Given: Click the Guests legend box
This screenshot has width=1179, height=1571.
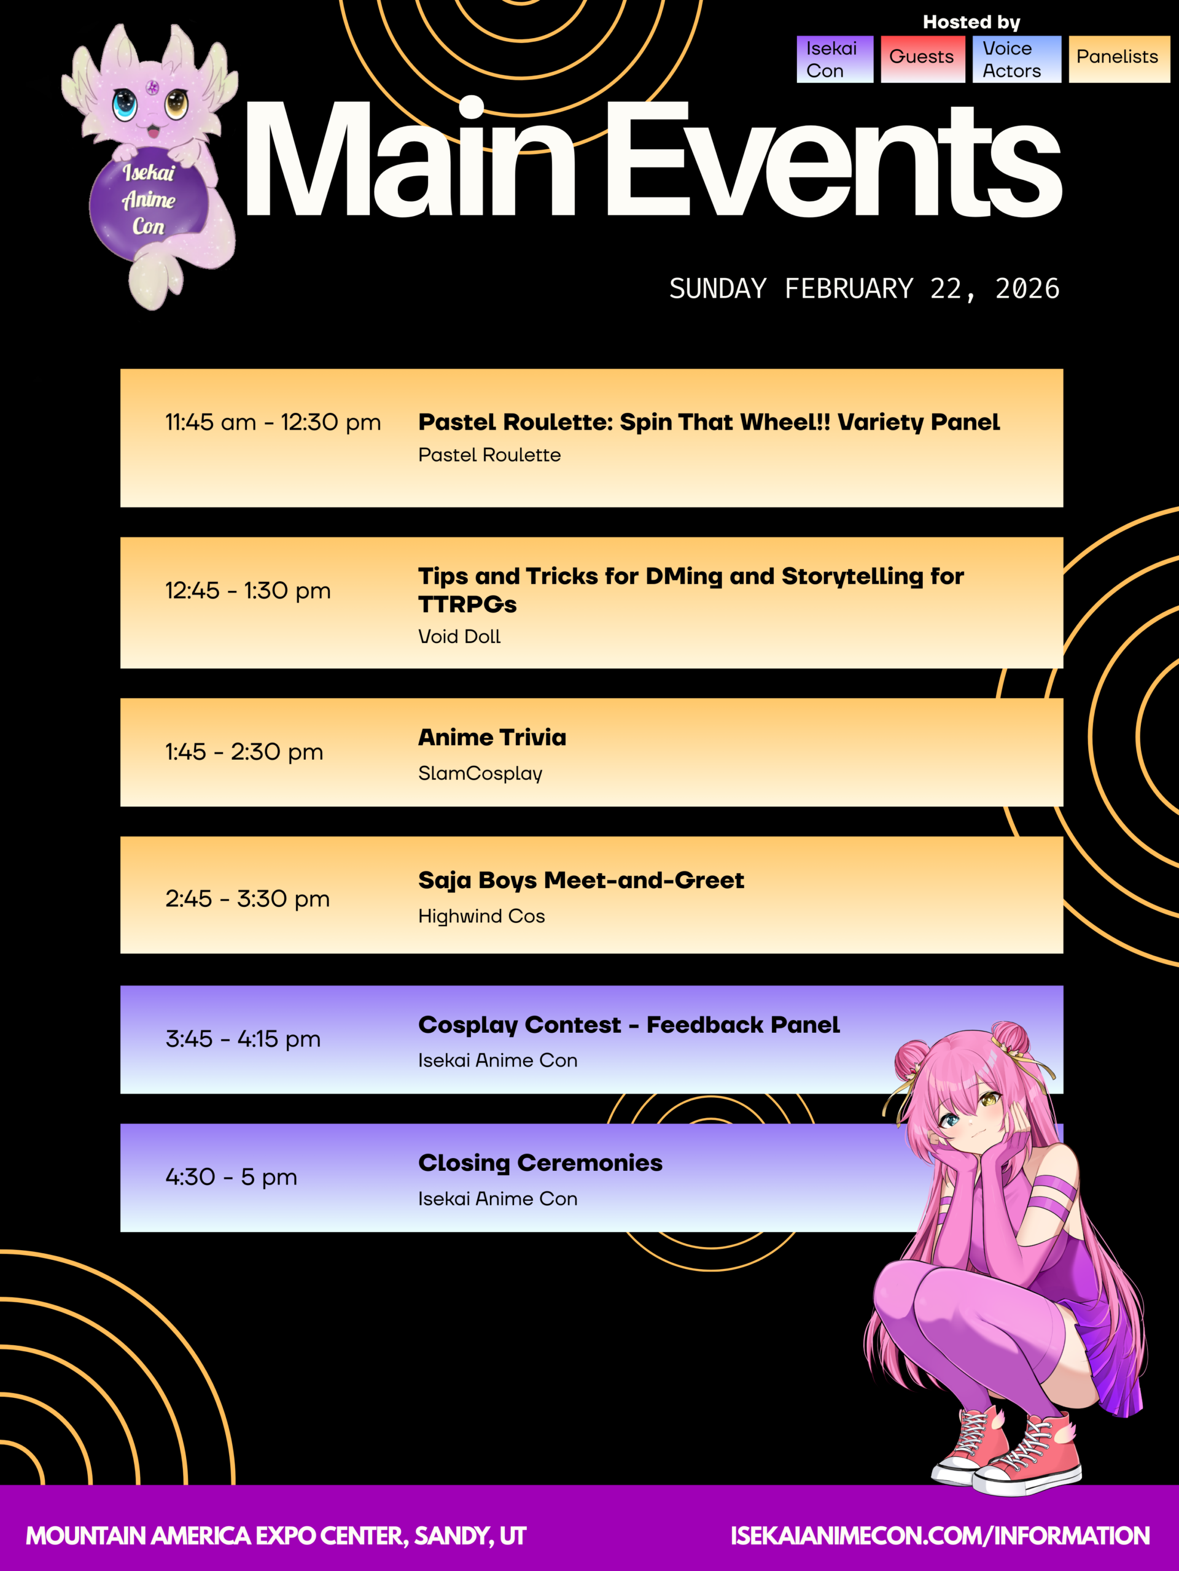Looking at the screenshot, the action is [x=922, y=59].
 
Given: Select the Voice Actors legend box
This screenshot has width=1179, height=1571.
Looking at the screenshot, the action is [x=1016, y=59].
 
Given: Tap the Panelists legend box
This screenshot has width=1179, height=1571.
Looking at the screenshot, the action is [x=1119, y=59].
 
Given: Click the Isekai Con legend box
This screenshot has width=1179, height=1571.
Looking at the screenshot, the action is [x=835, y=59].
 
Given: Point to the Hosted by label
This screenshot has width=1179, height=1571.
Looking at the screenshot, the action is [x=971, y=23].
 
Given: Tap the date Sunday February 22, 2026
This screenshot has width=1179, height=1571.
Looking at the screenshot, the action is [x=864, y=288].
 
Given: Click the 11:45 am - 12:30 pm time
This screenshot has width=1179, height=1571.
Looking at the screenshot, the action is [x=273, y=423].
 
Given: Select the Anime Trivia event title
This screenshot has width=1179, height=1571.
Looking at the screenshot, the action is [x=492, y=737].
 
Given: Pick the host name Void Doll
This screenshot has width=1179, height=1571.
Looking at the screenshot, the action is [x=459, y=636].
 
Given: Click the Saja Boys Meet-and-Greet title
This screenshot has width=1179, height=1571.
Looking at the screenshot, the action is [x=581, y=881].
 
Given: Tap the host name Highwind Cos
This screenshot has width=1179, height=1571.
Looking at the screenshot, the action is [x=481, y=916].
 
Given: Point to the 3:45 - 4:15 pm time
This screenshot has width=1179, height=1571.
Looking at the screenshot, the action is [x=243, y=1039].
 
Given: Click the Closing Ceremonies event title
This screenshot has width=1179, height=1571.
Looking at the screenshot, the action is [x=540, y=1163].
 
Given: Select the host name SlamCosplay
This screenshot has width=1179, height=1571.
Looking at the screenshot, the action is [x=480, y=773].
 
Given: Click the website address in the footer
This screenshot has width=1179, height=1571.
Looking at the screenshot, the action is [x=940, y=1536].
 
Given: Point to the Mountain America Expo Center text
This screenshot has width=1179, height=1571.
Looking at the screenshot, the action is [x=276, y=1536].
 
